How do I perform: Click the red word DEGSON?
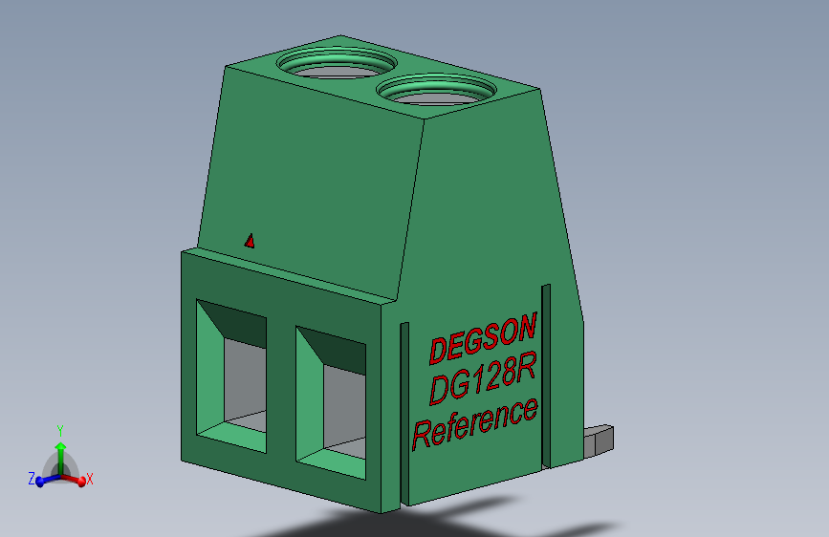click(x=483, y=338)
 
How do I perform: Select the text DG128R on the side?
click(x=481, y=379)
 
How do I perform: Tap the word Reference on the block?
click(x=474, y=422)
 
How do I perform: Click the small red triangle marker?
click(x=250, y=241)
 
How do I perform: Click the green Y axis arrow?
click(x=60, y=451)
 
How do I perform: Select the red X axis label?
click(x=90, y=478)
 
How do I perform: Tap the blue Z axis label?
click(x=32, y=478)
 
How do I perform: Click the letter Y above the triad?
click(x=60, y=430)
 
